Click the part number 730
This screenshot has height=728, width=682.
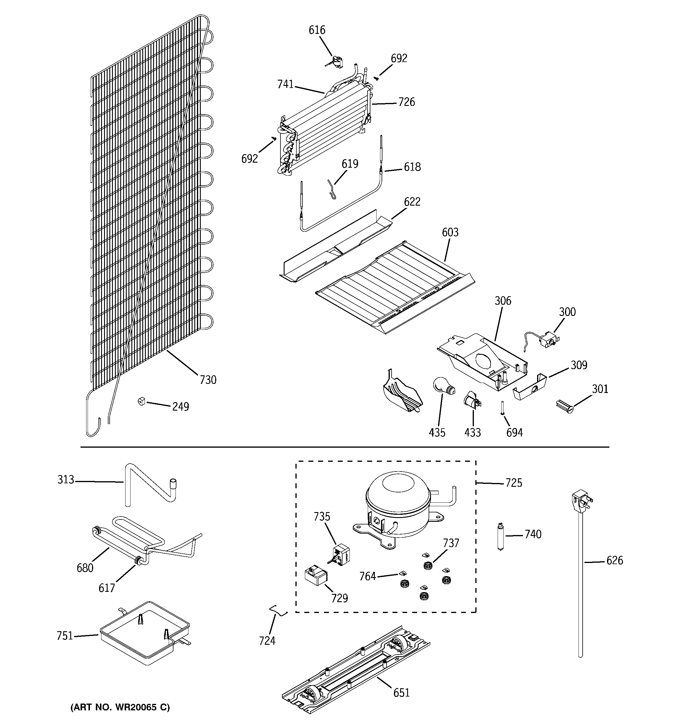[208, 380]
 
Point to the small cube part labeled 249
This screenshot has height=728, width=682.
[142, 401]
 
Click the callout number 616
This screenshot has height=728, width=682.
[317, 30]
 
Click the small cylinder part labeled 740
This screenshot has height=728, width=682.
[500, 537]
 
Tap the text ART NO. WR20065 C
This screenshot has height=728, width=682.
[120, 707]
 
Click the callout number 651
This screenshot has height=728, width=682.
[401, 693]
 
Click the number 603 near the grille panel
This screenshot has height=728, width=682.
[450, 232]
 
